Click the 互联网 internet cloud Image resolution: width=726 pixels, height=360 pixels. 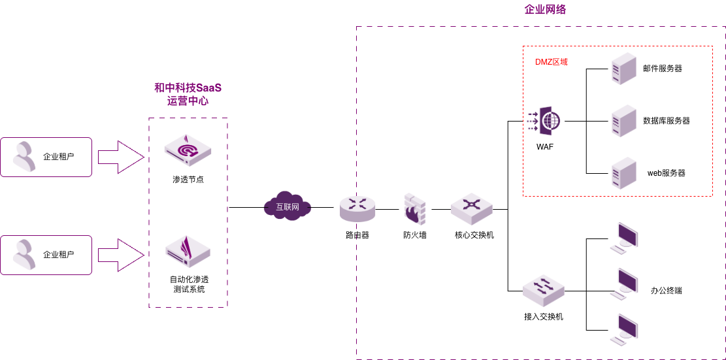tap(287, 206)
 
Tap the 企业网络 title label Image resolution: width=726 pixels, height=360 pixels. tap(544, 9)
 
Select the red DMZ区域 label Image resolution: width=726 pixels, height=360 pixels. tap(551, 62)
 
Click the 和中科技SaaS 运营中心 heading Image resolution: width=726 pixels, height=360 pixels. tap(188, 94)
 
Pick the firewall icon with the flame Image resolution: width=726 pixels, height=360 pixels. tap(414, 209)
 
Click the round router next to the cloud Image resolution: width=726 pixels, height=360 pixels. tap(357, 208)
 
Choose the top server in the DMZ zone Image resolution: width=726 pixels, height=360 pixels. tap(623, 69)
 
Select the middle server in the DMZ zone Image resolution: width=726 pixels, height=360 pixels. tap(623, 121)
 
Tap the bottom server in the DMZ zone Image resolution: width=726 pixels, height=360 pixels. tap(623, 173)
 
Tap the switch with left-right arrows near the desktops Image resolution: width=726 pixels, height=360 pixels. tap(543, 290)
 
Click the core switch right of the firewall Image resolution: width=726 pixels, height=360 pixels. tap(471, 208)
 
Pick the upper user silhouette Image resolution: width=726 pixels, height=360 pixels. tap(25, 157)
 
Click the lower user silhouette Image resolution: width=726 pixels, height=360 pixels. tap(25, 255)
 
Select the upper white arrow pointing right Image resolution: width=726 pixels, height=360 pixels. tap(120, 157)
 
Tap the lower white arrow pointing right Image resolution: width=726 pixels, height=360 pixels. tap(120, 255)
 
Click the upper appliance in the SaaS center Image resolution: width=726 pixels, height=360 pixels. tap(188, 150)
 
